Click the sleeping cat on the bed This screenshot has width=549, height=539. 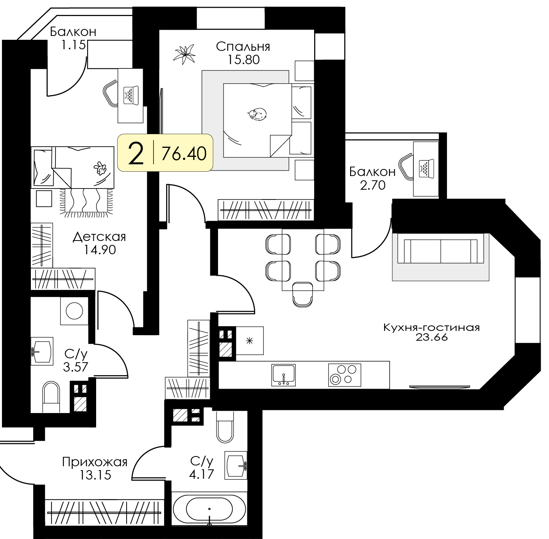point(257,114)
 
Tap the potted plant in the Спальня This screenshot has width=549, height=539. point(184,54)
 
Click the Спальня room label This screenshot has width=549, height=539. point(243,47)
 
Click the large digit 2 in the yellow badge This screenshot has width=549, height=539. point(136,153)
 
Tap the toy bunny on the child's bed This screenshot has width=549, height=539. point(100,168)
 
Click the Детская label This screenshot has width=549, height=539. point(99,237)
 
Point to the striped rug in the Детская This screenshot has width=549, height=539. point(86,201)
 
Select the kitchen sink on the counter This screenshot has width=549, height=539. point(283,375)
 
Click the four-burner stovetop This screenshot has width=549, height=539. point(344,375)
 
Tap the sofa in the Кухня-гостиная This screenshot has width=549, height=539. point(440,251)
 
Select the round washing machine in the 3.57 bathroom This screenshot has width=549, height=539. point(74,311)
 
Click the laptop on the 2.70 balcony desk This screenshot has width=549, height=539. point(426,169)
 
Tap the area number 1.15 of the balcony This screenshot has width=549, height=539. point(73,45)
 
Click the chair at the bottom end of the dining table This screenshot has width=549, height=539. point(302,294)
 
